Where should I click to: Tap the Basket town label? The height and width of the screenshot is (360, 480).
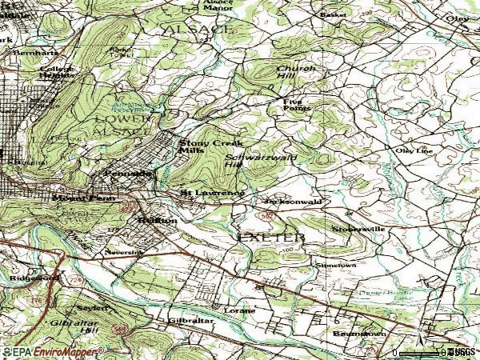click(330, 14)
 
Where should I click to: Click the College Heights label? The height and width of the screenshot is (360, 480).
click(57, 73)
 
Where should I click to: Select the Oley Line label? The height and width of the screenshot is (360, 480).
click(413, 150)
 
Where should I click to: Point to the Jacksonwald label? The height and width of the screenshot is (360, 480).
click(292, 202)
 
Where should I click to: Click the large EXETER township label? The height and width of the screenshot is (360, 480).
click(271, 238)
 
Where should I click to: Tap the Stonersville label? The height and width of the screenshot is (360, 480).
click(358, 229)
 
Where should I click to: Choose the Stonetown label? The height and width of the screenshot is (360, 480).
click(334, 264)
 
